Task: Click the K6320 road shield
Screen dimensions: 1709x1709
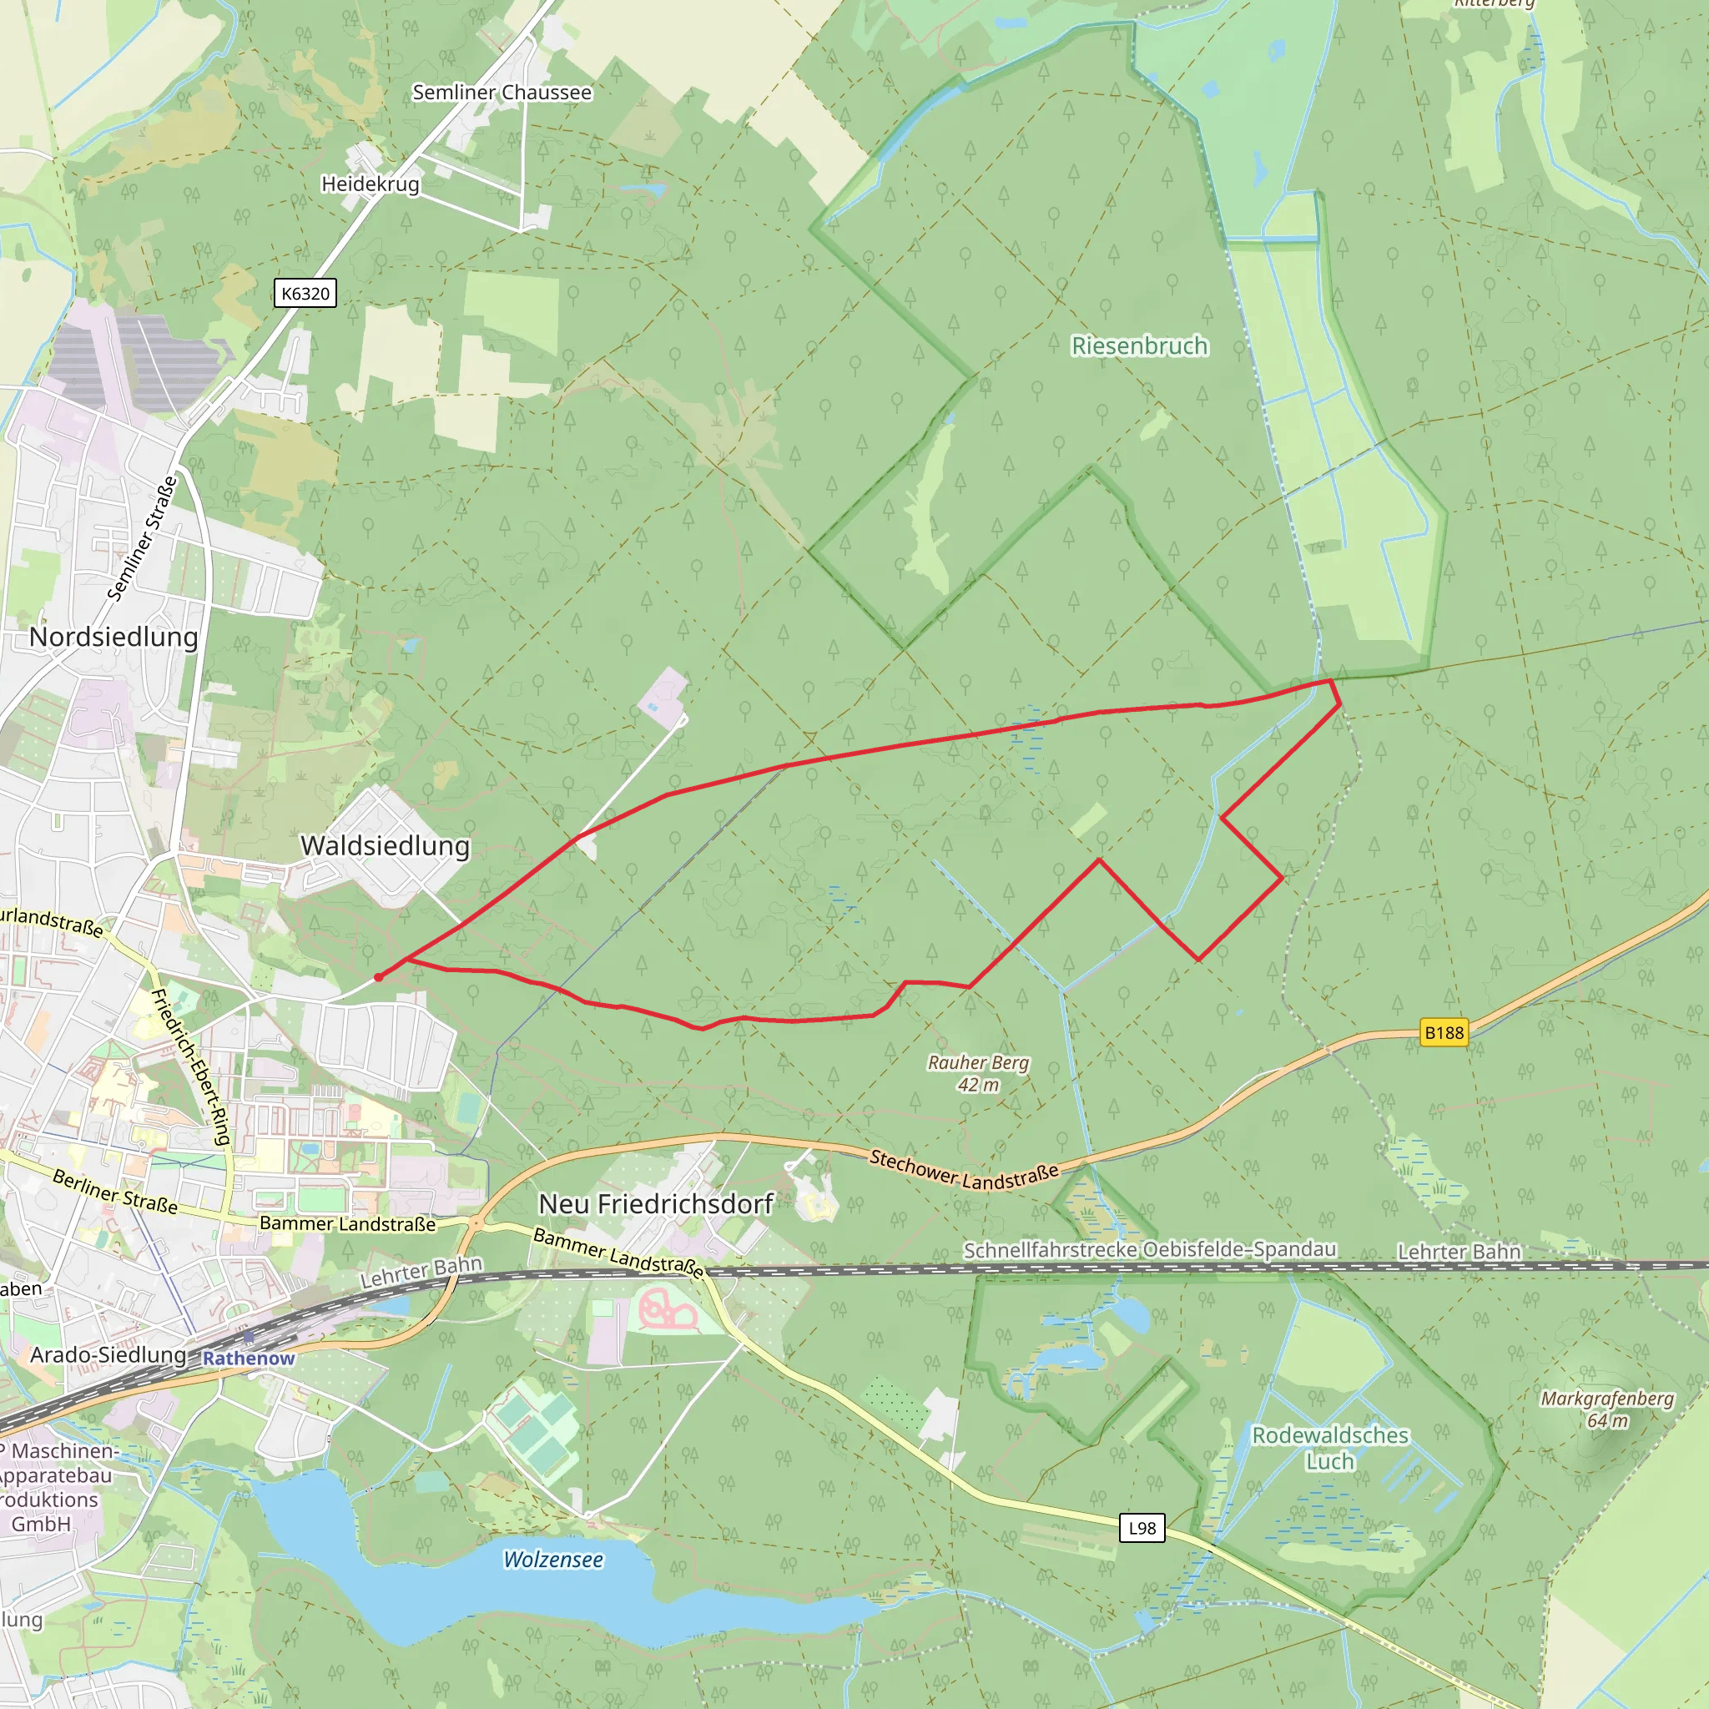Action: (x=305, y=294)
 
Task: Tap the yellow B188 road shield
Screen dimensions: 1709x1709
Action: (x=1444, y=1032)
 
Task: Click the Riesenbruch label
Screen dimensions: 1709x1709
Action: (x=1139, y=345)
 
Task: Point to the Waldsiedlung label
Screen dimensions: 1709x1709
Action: (x=385, y=845)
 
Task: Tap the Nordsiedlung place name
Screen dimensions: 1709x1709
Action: (x=113, y=637)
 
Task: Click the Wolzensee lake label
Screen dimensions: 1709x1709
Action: (x=553, y=1560)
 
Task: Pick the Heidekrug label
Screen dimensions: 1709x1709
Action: (x=370, y=184)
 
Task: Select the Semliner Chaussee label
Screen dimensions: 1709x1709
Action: (x=502, y=92)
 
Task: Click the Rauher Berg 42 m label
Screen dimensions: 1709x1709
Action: (x=977, y=1073)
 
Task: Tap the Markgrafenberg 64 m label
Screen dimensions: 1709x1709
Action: (x=1606, y=1409)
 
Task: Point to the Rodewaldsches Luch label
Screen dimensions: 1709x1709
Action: (x=1329, y=1448)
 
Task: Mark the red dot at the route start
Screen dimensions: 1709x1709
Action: (x=379, y=977)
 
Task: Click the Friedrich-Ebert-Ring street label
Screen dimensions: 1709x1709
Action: (x=191, y=1066)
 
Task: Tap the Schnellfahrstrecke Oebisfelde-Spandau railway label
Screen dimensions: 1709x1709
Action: (x=1149, y=1249)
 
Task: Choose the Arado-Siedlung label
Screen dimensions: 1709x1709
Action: (x=108, y=1355)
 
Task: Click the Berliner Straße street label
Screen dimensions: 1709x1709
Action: (x=114, y=1192)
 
